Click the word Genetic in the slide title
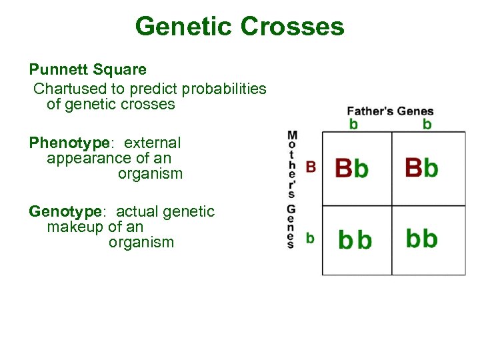[x=183, y=27]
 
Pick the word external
[x=152, y=143]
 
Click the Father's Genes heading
[x=390, y=111]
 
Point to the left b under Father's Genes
[x=353, y=124]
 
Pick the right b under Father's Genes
[x=427, y=124]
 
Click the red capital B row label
[x=310, y=167]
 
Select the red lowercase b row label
[x=310, y=238]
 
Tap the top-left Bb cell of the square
[x=351, y=168]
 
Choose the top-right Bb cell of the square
[x=421, y=167]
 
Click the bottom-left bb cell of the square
[x=355, y=240]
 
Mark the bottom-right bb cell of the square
[x=421, y=238]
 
